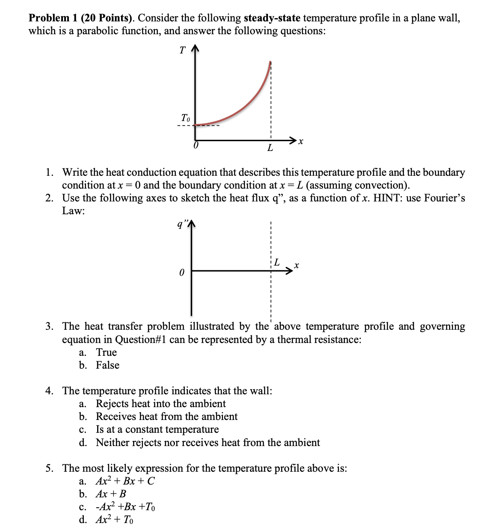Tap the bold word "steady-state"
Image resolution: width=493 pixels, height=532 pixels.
[272, 18]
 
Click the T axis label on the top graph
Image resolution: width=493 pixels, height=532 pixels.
[182, 50]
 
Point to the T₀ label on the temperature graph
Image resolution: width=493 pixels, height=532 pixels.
[185, 118]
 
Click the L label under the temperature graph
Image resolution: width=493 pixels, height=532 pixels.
[270, 148]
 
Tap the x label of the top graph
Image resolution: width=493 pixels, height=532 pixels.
[301, 141]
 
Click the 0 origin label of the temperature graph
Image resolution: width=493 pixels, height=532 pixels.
[196, 146]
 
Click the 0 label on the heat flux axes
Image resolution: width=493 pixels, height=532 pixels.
[181, 272]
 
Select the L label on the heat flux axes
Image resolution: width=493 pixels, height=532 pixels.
[277, 262]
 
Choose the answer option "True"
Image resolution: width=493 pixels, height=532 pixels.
[106, 352]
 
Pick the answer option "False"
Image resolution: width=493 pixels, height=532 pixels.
[107, 365]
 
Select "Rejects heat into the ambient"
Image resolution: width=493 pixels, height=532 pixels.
[160, 404]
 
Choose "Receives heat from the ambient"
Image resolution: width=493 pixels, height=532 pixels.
[166, 417]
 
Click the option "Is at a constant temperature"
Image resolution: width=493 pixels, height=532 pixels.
[157, 429]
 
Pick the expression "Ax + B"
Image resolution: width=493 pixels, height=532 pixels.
[111, 494]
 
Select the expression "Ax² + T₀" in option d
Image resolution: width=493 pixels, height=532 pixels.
[114, 520]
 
